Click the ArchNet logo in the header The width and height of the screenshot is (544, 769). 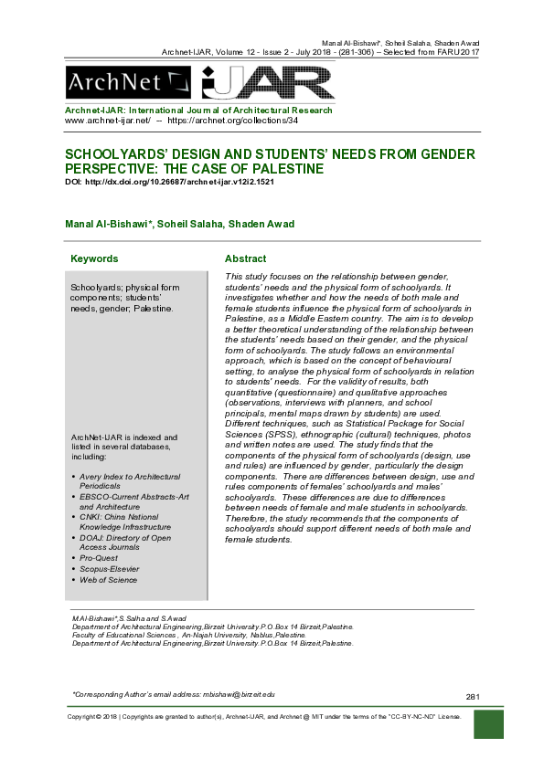tap(127, 84)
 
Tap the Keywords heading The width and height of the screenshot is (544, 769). tap(94, 258)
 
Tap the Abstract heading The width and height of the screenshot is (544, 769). tap(245, 258)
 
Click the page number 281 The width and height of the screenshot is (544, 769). tap(473, 697)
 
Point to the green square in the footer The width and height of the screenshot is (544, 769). tap(489, 724)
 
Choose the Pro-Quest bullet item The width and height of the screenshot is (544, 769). tap(100, 555)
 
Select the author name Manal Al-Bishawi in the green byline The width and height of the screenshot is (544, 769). tap(103, 224)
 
